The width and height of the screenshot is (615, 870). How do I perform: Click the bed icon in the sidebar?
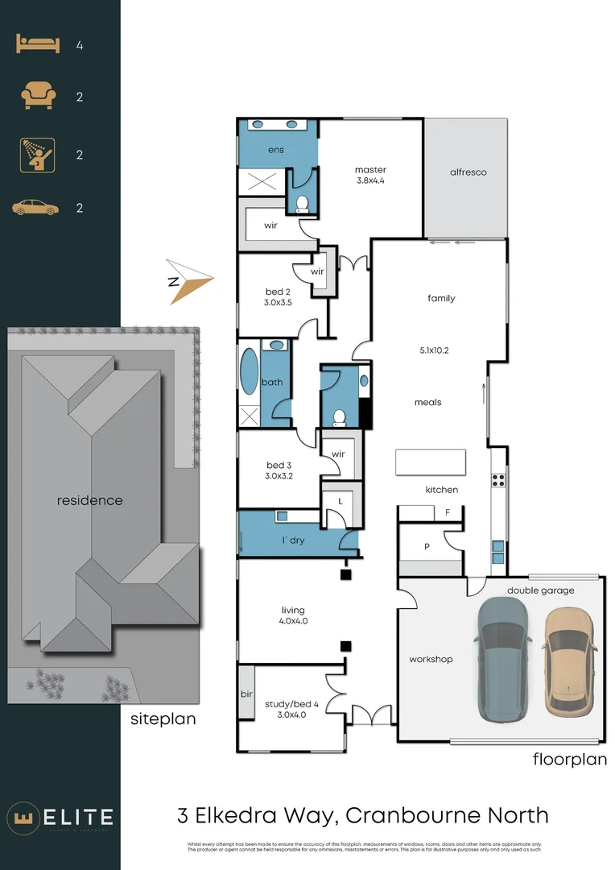37,45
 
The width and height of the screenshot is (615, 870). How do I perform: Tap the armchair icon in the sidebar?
37,97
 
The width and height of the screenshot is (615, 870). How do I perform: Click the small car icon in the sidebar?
36,209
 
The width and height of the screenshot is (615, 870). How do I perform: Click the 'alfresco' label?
468,172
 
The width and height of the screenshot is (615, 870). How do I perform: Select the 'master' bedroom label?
370,170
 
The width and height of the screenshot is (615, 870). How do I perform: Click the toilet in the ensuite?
303,203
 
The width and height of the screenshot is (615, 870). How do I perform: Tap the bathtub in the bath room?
249,371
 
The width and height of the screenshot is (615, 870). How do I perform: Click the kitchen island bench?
430,462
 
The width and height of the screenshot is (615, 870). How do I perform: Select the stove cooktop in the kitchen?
498,480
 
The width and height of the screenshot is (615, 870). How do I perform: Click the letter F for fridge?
448,512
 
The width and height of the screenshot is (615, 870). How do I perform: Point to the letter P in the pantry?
427,547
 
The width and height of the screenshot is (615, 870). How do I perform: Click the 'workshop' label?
431,659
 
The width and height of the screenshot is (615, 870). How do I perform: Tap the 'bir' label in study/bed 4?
246,693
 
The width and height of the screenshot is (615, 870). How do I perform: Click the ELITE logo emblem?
24,818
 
